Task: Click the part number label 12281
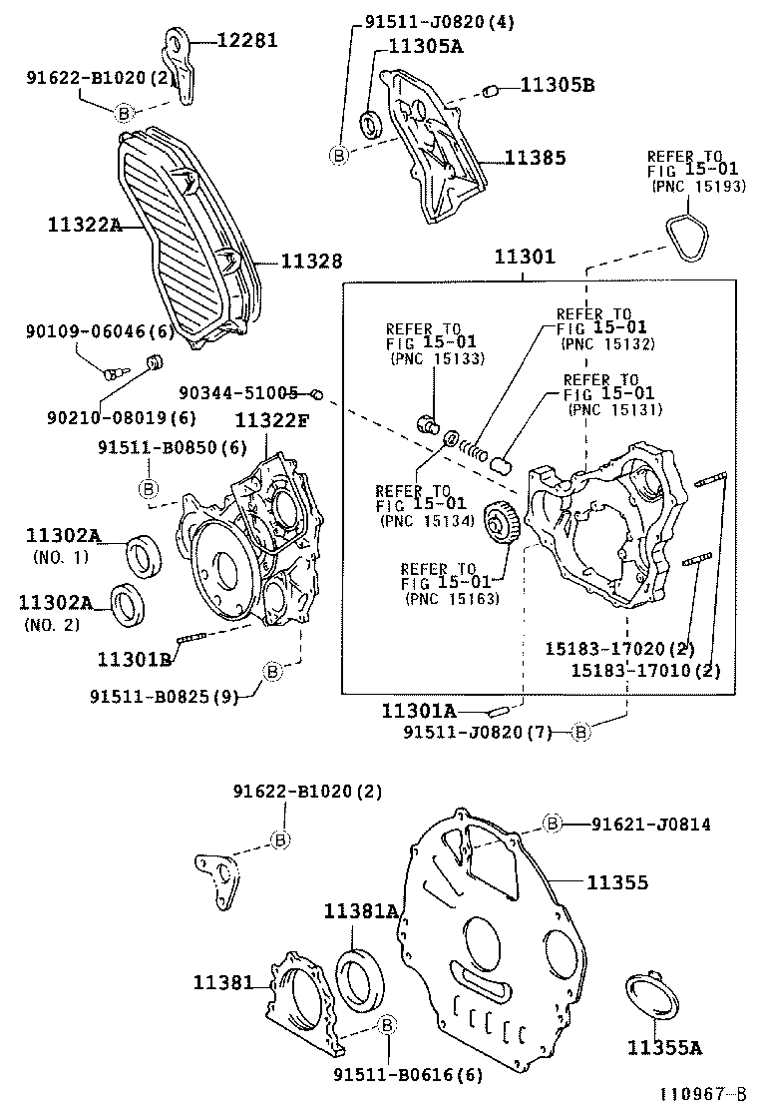point(247,41)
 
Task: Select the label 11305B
point(556,86)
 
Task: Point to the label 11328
point(311,262)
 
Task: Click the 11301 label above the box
point(524,258)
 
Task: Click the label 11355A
point(664,1047)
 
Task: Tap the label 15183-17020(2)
point(618,649)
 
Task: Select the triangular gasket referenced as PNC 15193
point(687,236)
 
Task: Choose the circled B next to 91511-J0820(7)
point(582,733)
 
